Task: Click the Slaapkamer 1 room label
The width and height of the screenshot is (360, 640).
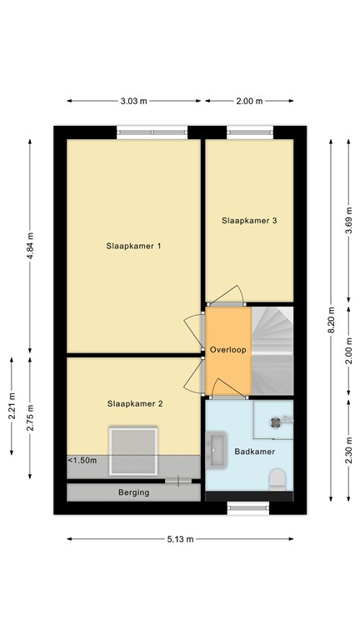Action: [x=132, y=246]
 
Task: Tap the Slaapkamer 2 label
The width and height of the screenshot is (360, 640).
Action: [x=134, y=403]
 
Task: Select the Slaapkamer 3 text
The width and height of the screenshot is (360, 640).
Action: [x=249, y=221]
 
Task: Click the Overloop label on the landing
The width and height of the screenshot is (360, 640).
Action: [x=227, y=350]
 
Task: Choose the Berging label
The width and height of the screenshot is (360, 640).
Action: [x=133, y=492]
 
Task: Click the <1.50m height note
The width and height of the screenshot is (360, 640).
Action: [x=82, y=460]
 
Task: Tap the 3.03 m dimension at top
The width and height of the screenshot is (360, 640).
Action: [x=133, y=101]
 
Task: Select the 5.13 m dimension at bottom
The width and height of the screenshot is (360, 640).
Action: [x=180, y=539]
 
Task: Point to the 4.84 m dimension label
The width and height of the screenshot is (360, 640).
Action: [x=30, y=246]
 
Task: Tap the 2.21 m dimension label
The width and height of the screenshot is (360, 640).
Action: [x=12, y=407]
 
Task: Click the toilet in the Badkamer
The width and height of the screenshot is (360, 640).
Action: [x=277, y=480]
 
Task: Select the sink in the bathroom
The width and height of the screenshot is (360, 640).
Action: [x=217, y=447]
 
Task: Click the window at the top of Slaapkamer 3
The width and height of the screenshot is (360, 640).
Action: [x=249, y=132]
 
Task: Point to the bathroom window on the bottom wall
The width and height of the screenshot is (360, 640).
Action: [x=249, y=506]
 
